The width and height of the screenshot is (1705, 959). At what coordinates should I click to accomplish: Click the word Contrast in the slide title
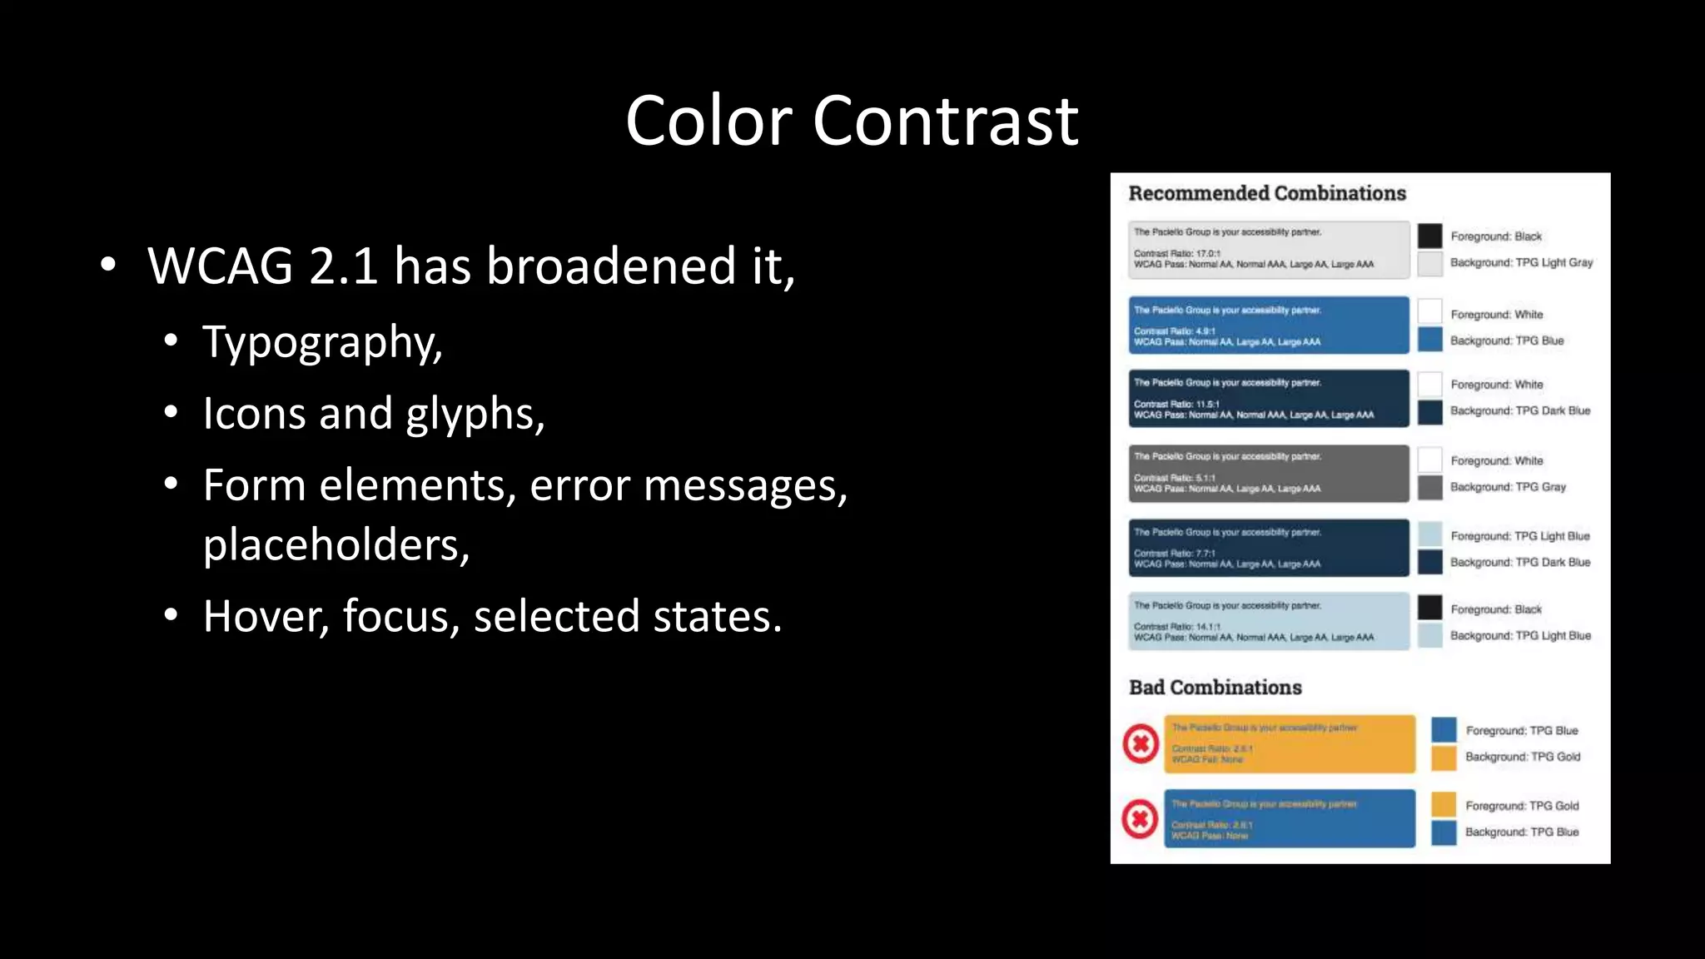coord(945,122)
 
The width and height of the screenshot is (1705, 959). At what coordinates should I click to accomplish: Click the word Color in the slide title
coord(708,122)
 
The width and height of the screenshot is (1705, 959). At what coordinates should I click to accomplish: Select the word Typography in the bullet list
coord(321,343)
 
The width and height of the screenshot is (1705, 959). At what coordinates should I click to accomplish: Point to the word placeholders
coord(336,545)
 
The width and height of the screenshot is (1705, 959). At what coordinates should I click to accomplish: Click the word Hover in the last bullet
coord(266,617)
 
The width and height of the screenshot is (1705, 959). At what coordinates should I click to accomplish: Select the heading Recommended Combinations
coord(1266,193)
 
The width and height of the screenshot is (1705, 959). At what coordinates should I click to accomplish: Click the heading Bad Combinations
coord(1215,688)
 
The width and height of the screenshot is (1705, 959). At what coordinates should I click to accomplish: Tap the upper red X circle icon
coord(1141,743)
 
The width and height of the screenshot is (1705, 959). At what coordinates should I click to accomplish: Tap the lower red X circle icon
coord(1140,819)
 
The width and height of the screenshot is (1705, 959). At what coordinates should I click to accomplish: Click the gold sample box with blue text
coord(1289,743)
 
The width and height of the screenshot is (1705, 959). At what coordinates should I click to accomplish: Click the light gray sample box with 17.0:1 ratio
coord(1268,249)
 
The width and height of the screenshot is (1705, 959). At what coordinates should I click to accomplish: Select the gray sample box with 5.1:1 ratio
coord(1268,474)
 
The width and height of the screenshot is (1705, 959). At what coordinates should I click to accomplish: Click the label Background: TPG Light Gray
coord(1521,262)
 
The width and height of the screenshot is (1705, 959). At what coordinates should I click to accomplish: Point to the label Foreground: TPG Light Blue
coord(1519,536)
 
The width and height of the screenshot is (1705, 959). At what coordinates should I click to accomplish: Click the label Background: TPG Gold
coord(1522,757)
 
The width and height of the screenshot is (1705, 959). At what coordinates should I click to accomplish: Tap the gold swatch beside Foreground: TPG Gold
coord(1444,804)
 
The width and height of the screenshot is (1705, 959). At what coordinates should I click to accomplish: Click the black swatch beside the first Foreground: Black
coord(1429,236)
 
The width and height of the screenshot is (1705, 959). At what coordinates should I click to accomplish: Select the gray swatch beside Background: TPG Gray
coord(1429,487)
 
